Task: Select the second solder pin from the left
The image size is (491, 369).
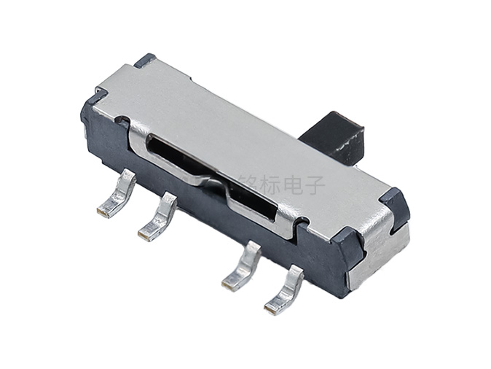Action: click(159, 218)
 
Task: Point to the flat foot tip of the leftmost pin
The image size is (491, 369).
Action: click(104, 212)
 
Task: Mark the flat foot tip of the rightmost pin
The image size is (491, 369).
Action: click(272, 308)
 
